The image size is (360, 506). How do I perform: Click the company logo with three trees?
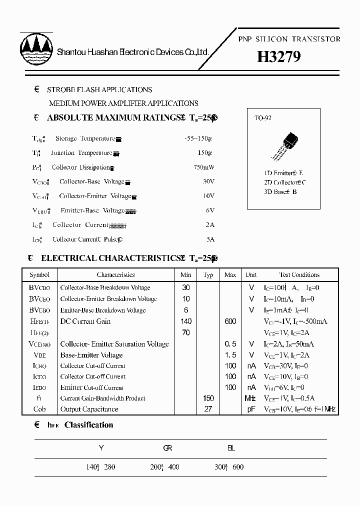(x=35, y=49)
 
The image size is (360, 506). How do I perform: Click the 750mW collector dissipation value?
(x=203, y=167)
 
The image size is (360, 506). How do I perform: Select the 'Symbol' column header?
(x=39, y=275)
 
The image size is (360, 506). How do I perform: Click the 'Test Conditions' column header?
(x=298, y=275)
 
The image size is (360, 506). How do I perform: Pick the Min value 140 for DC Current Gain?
(x=185, y=321)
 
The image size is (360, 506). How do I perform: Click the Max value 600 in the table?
(x=230, y=321)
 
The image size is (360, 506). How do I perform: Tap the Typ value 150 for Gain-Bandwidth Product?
(x=208, y=398)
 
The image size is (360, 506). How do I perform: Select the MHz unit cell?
(x=250, y=398)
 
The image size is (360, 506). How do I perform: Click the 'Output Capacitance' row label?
(x=89, y=409)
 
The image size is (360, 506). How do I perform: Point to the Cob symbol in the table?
(x=39, y=409)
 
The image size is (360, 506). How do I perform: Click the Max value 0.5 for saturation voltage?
(x=230, y=344)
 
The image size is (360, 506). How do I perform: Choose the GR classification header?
(x=167, y=448)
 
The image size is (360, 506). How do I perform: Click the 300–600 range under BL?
(x=228, y=467)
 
